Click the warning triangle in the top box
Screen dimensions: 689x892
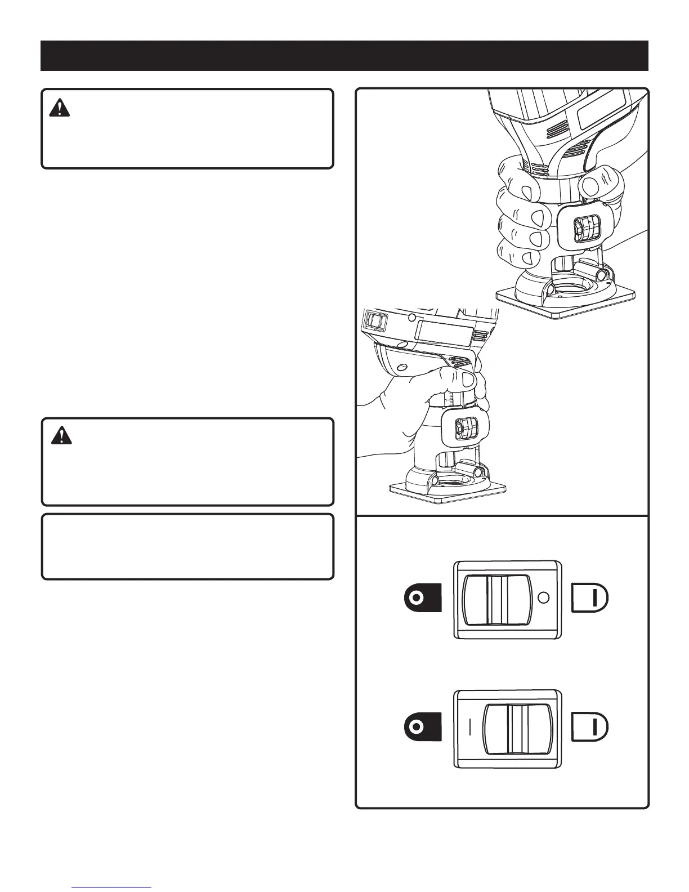click(59, 108)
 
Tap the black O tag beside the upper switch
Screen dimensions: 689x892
click(422, 598)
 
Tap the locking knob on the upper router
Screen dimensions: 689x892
click(579, 229)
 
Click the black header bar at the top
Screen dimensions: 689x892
click(344, 56)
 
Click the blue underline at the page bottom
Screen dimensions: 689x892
click(117, 887)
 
